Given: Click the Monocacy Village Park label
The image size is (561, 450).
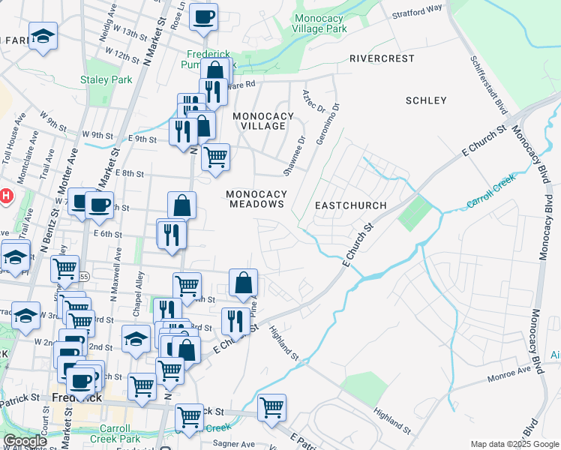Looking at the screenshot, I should tap(321, 23).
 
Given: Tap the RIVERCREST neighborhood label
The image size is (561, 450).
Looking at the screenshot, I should tap(382, 58).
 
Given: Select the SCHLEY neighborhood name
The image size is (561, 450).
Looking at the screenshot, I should tap(425, 100).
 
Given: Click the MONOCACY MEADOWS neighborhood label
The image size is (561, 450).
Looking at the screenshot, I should tap(257, 199).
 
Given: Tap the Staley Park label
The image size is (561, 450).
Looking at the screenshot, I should tap(106, 79).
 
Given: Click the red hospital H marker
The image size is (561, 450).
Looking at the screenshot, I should tap(5, 197).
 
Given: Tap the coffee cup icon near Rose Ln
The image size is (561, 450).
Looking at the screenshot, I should tap(203, 17).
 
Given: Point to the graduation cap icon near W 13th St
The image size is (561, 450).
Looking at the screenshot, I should tap(43, 36).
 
